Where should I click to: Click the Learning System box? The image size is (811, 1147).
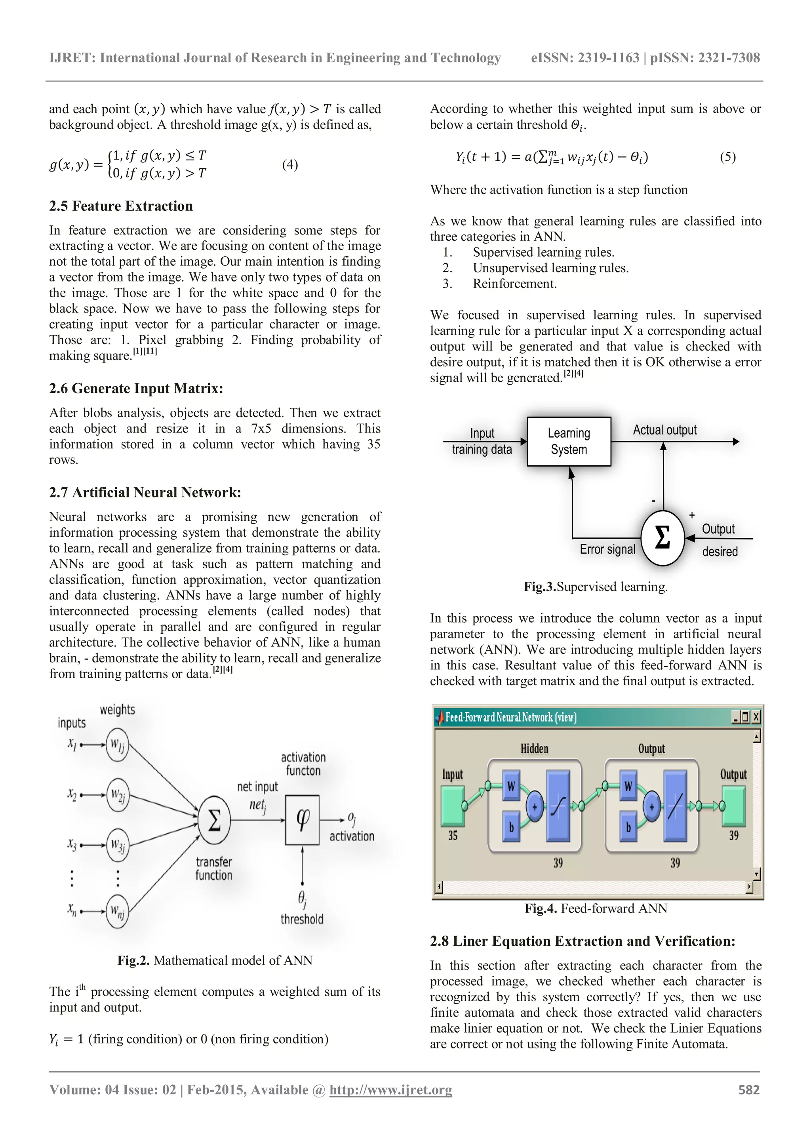[568, 441]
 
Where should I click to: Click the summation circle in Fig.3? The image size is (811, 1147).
[662, 538]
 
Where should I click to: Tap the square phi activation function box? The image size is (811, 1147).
[302, 820]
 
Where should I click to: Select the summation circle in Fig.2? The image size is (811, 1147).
[214, 820]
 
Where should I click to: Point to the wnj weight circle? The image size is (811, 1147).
[117, 912]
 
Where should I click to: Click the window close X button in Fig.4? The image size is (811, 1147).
[756, 717]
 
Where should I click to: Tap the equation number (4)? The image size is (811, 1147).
[289, 164]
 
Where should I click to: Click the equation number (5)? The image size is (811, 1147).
[727, 157]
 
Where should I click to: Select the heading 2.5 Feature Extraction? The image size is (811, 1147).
[121, 206]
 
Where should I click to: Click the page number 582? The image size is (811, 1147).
[748, 1090]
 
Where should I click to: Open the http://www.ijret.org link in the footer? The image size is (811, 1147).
[390, 1090]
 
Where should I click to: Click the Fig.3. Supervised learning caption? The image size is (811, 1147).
[595, 587]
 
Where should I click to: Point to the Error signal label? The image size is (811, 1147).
[607, 549]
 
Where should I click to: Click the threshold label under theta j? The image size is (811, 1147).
[302, 919]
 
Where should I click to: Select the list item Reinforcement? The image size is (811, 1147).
[514, 284]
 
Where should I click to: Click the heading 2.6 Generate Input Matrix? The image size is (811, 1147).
[136, 388]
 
